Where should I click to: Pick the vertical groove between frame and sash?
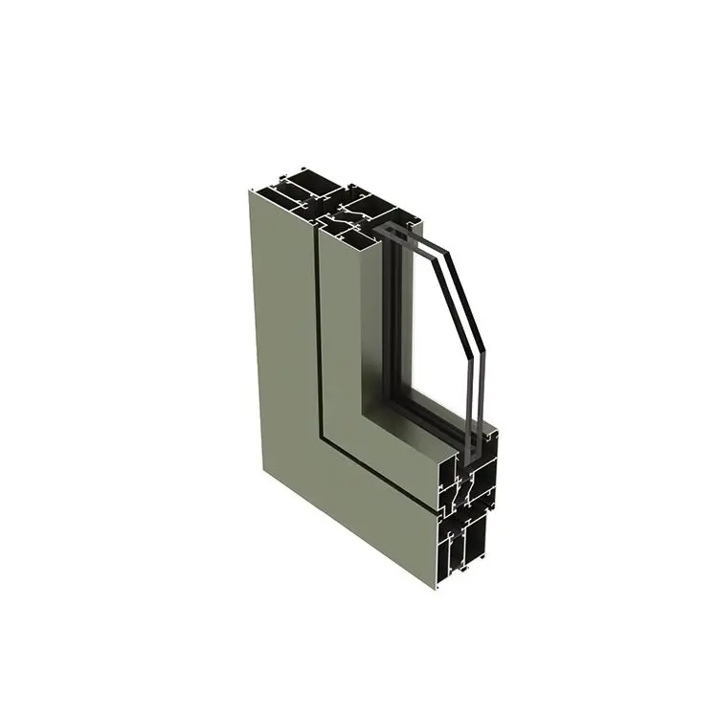coord(318,335)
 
